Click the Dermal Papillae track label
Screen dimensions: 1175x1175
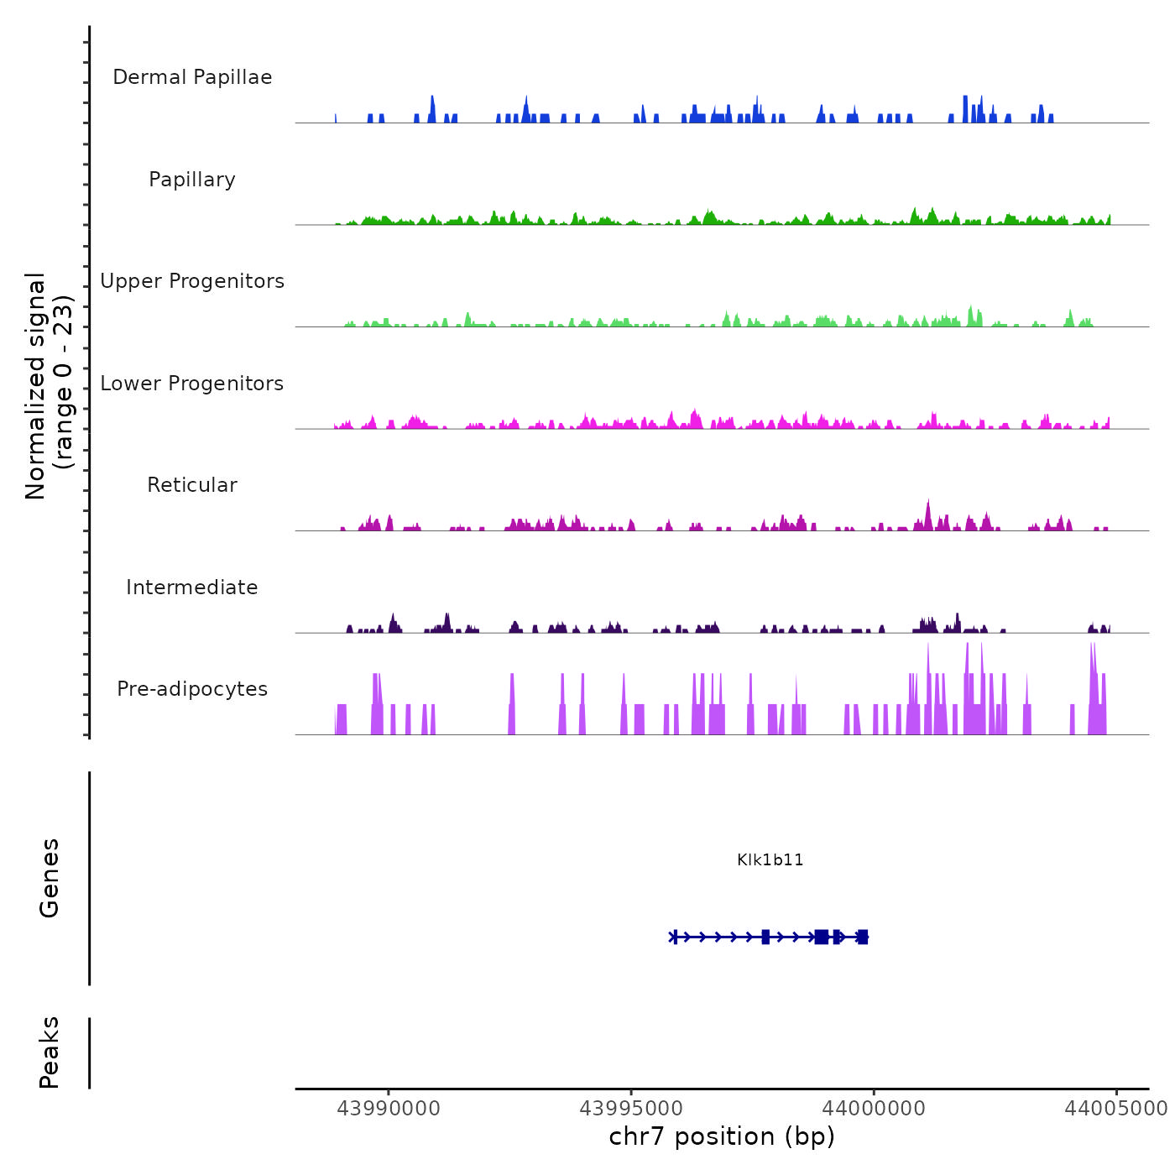[x=192, y=77]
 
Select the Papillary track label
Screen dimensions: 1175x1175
[x=192, y=180]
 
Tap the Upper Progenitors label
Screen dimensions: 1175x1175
[x=192, y=281]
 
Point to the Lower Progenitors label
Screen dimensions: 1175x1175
[x=192, y=384]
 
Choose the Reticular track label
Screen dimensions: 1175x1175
[x=192, y=485]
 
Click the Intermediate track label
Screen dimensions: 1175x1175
[x=192, y=587]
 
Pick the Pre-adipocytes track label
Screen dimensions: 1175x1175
[x=192, y=689]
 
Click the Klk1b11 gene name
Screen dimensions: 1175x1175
[x=770, y=859]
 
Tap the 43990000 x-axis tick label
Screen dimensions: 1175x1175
[x=389, y=1109]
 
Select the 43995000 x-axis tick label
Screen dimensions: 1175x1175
[x=631, y=1109]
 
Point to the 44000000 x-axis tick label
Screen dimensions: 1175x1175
[x=874, y=1109]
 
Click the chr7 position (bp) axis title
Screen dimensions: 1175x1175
[x=722, y=1136]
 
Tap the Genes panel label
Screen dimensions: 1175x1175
[x=50, y=877]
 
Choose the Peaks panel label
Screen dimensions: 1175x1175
[x=50, y=1052]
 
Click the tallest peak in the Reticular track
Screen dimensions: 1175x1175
[x=927, y=504]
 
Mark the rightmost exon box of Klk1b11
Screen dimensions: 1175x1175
[x=863, y=937]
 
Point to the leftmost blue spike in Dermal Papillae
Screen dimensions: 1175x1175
[x=336, y=118]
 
